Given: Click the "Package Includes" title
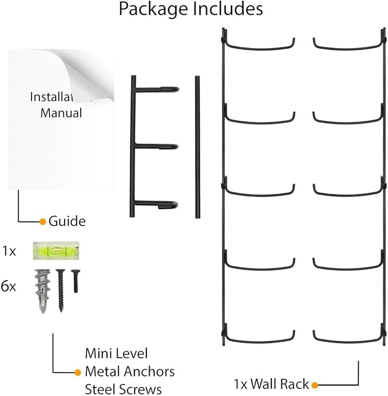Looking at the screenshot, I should coord(191,10).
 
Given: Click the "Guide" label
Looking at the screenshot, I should coord(67,221).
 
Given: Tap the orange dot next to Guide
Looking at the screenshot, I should coord(42,221).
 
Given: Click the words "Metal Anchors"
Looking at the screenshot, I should coord(130,371).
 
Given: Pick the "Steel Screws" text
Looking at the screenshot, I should coord(123,390).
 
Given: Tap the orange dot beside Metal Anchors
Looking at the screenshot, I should coord(78,373).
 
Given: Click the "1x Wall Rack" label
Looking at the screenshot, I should coord(271,383).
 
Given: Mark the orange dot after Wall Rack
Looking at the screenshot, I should coord(314,384).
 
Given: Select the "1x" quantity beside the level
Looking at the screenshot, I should coord(9,251).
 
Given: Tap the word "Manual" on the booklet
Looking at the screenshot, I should coord(61,113).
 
